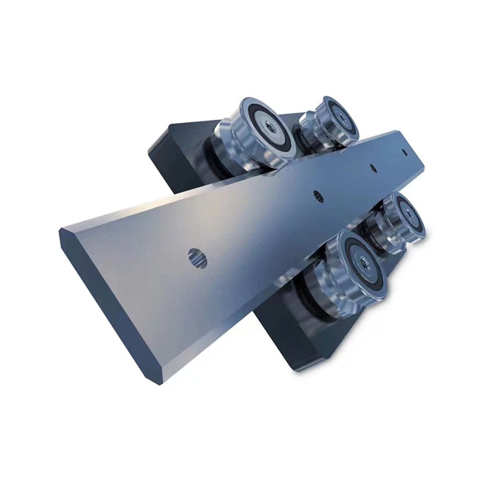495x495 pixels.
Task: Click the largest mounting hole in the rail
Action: point(198,258)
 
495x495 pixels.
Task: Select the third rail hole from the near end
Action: point(373,168)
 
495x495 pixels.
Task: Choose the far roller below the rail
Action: point(397,220)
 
